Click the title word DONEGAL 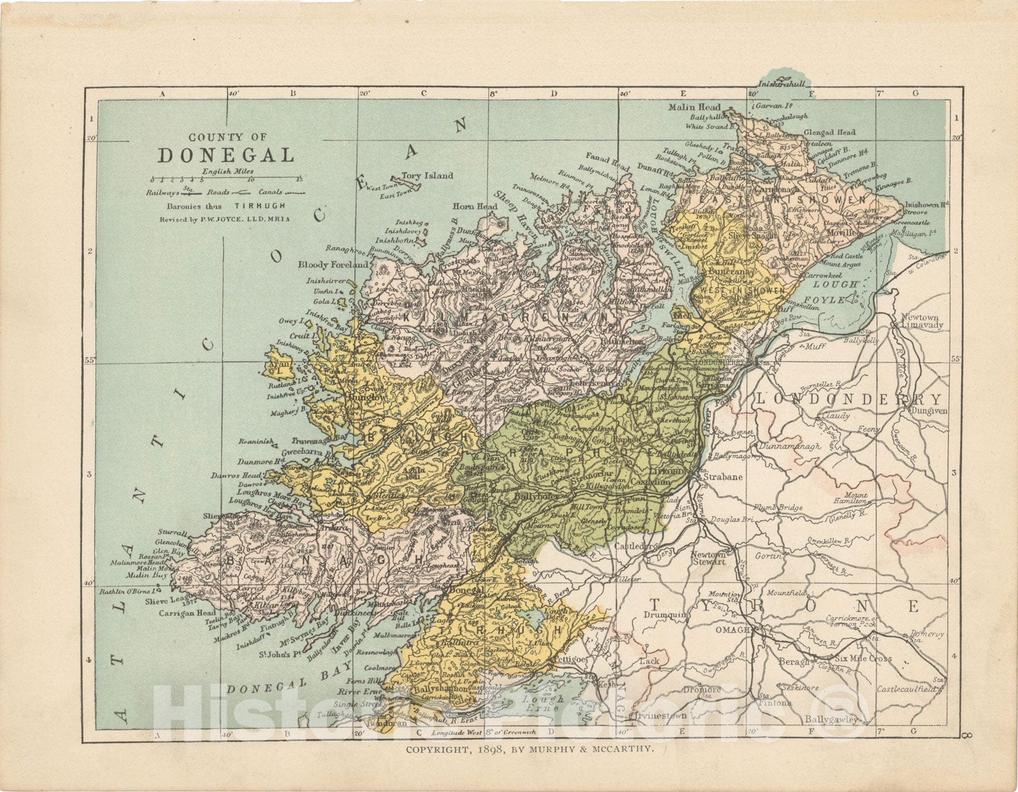point(226,155)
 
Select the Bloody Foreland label point(333,264)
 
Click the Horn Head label point(475,206)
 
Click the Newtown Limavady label point(921,321)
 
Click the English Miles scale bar point(227,180)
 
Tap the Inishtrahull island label point(782,83)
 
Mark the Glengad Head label point(830,132)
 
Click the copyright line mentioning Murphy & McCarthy point(530,749)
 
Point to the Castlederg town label point(634,546)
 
